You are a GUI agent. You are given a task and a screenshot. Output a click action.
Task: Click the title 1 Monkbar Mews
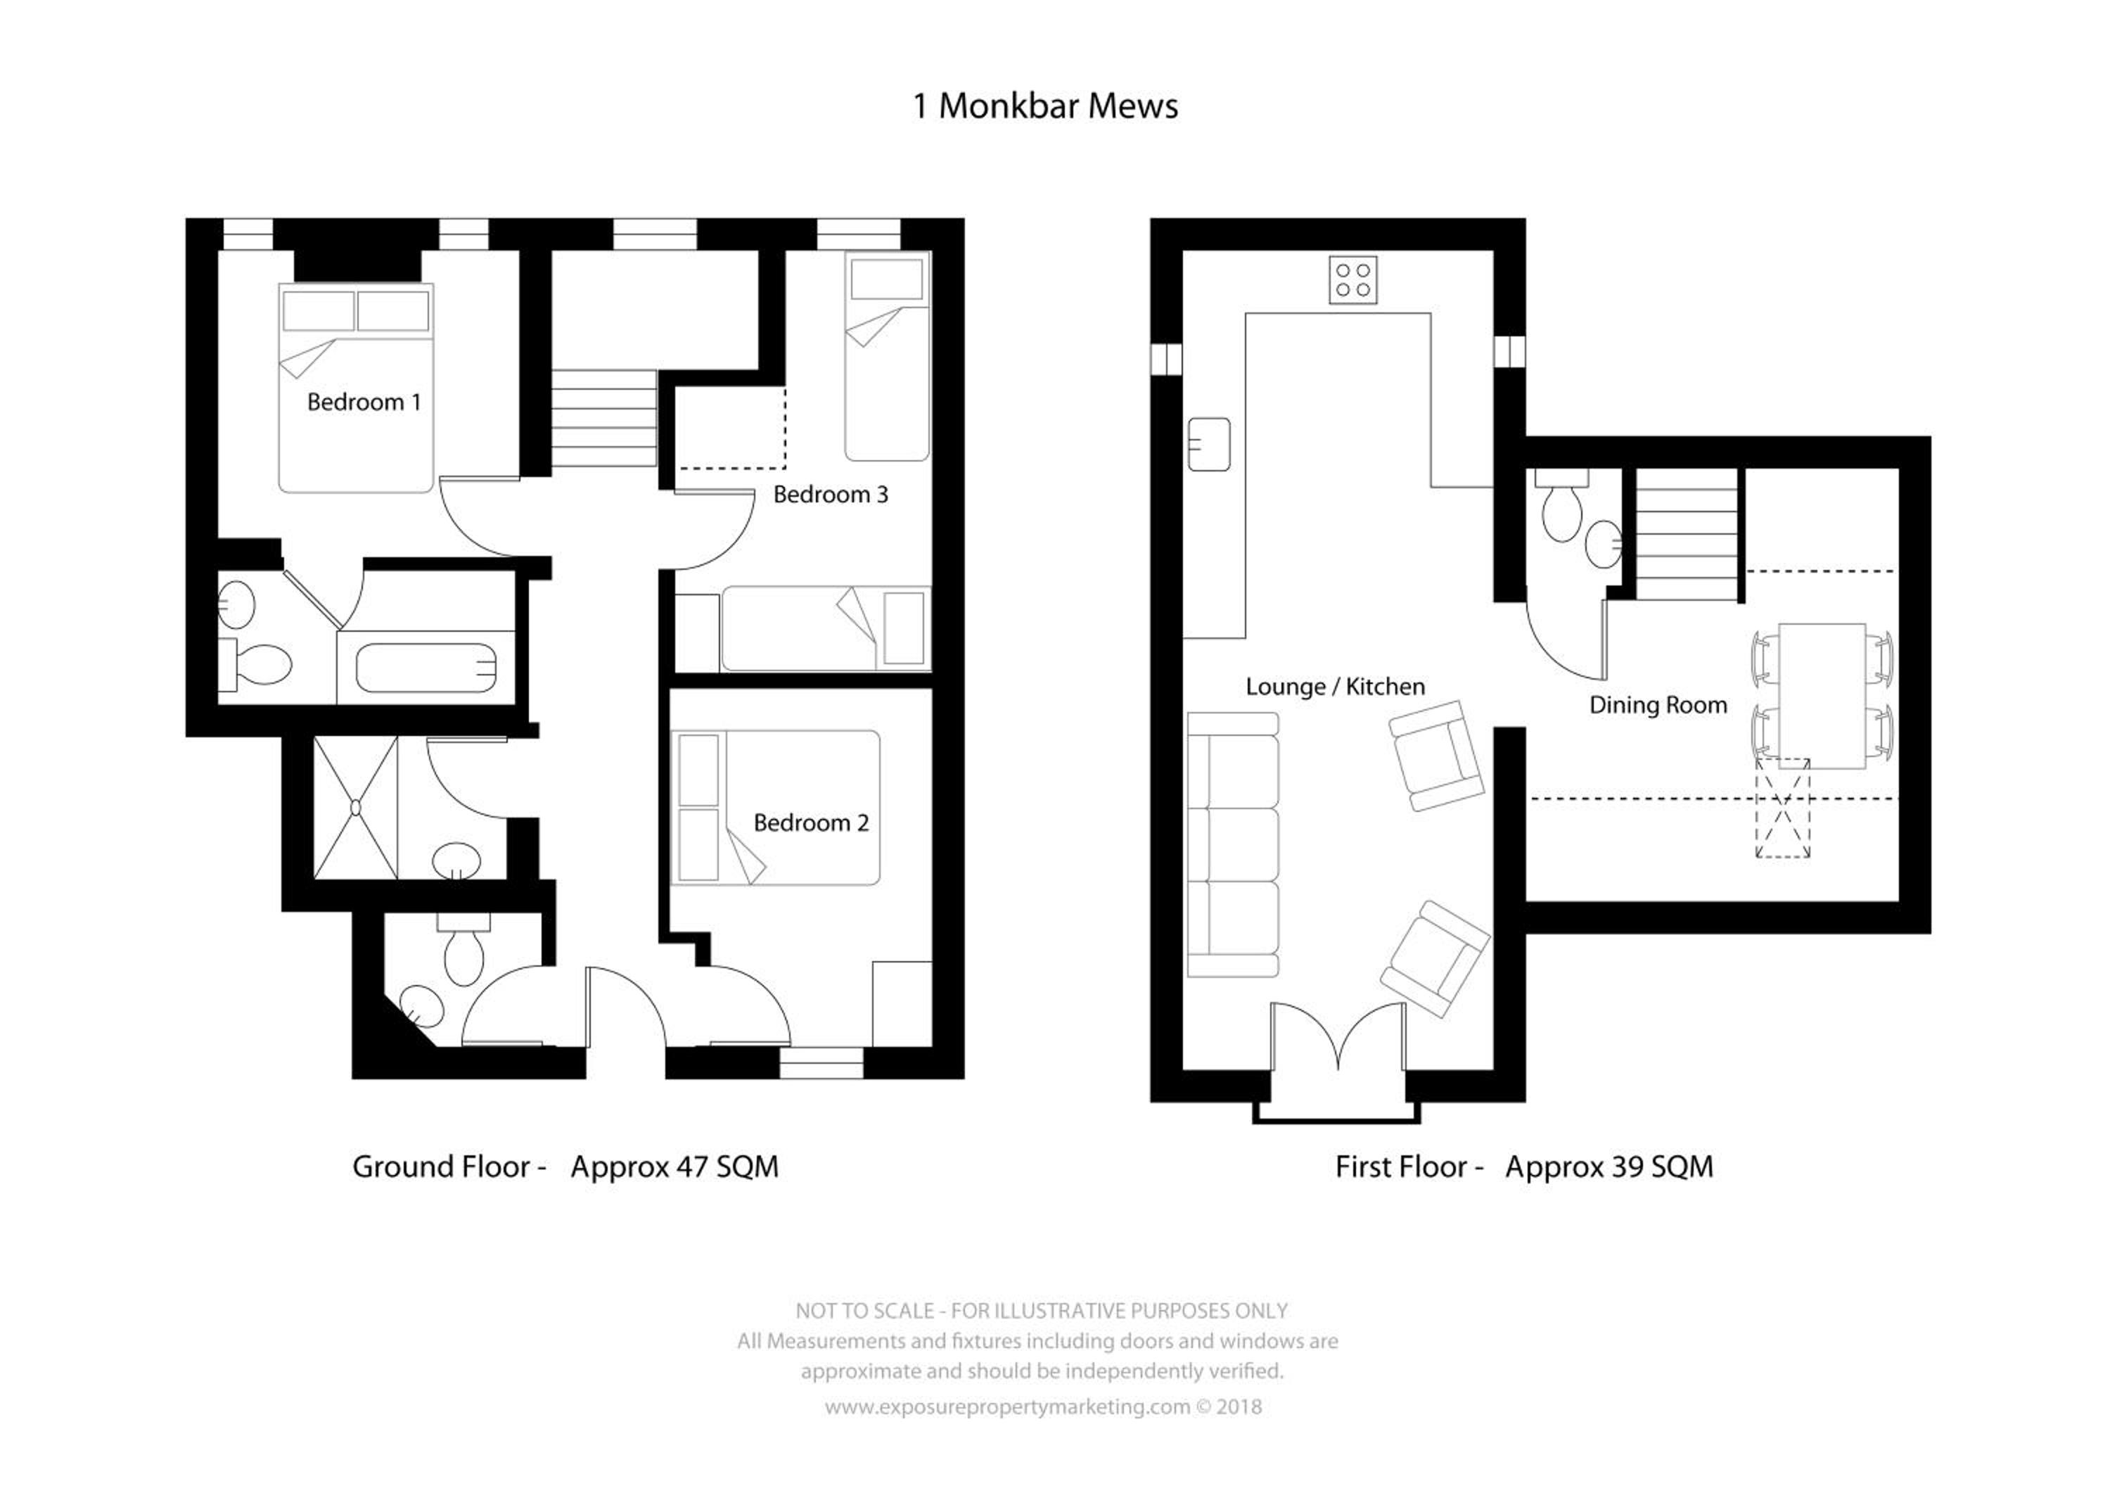tap(1045, 107)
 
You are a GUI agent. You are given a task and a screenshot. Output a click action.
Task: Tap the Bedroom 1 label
tap(364, 402)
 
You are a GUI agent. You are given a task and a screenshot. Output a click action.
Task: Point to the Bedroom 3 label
tap(831, 495)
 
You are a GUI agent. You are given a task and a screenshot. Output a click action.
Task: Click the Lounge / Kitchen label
tap(1336, 687)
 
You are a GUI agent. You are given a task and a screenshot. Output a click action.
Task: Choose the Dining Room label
tap(1658, 705)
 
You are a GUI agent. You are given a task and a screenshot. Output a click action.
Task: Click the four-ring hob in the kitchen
tap(1353, 279)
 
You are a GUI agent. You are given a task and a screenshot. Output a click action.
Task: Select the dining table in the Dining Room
tap(1822, 696)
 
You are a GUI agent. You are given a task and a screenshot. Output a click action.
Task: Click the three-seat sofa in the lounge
tap(1232, 844)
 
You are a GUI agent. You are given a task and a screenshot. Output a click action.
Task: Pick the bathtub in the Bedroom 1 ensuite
tap(426, 668)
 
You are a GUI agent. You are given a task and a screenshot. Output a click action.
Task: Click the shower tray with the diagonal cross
tap(356, 807)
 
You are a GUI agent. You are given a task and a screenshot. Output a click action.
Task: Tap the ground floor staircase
tap(603, 419)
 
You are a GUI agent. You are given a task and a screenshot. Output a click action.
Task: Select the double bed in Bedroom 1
tap(356, 388)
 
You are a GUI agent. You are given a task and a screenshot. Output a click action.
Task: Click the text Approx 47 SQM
tap(674, 1167)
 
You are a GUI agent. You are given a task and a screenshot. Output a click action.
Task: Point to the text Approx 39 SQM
tap(1609, 1167)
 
